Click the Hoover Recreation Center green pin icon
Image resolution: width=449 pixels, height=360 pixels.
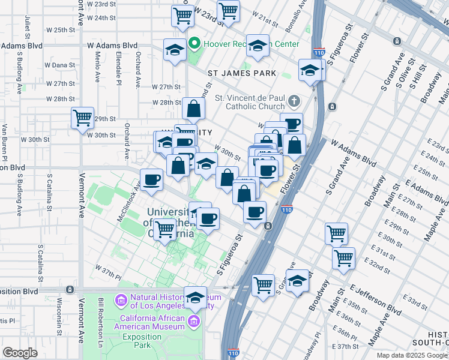click(x=194, y=44)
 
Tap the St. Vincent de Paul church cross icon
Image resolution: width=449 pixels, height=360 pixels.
click(x=294, y=100)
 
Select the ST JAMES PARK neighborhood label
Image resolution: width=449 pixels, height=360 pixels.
click(x=242, y=73)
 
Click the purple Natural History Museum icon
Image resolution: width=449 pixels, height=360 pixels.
click(x=121, y=299)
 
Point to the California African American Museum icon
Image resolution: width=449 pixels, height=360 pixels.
click(x=193, y=322)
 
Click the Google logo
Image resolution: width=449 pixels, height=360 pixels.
click(x=20, y=353)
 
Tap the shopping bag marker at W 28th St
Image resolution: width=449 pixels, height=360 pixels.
click(x=194, y=109)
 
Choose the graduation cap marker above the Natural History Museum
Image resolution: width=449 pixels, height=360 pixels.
click(x=195, y=296)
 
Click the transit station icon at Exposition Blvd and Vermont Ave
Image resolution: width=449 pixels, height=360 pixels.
click(x=70, y=289)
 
